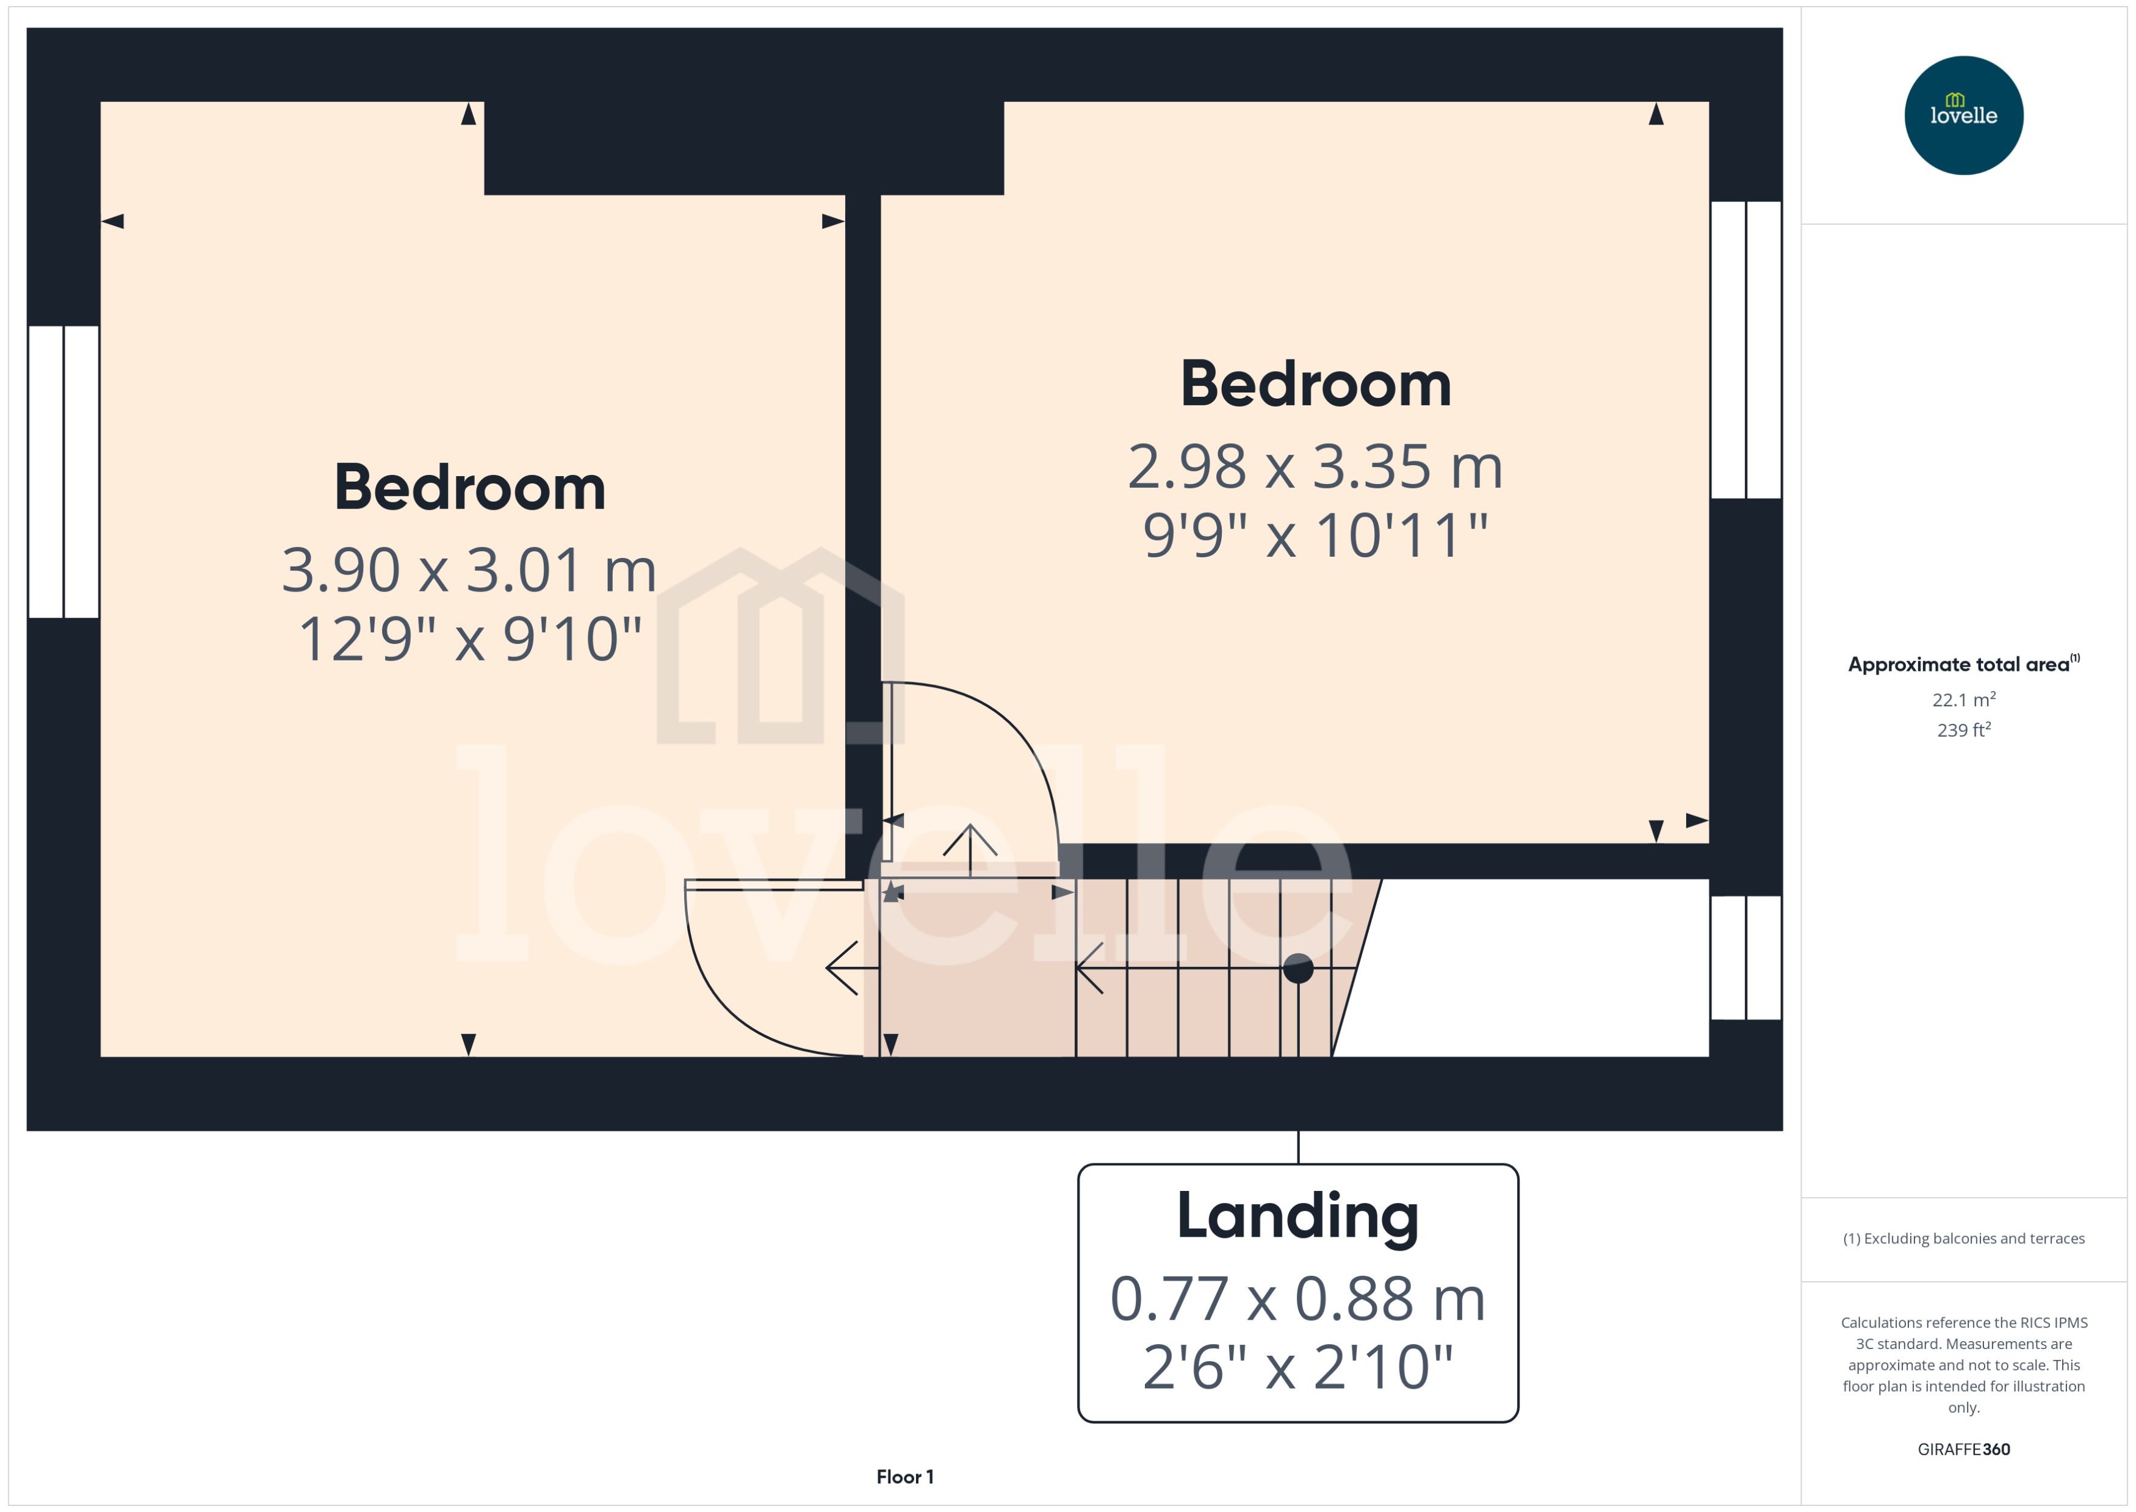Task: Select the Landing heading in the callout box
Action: (x=1297, y=1216)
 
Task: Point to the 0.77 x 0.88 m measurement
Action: (x=1297, y=1299)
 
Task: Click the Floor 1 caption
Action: (x=904, y=1477)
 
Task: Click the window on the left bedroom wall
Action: (x=63, y=471)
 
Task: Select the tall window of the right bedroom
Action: (x=1745, y=349)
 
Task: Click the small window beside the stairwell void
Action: (x=1745, y=957)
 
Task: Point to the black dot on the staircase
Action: (x=1297, y=968)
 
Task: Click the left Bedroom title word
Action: (x=469, y=487)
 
